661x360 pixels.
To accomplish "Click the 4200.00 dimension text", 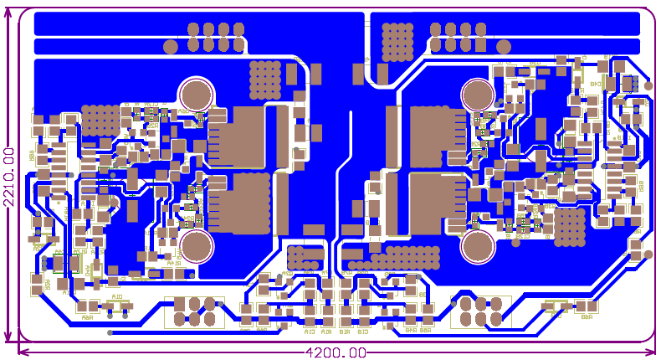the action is (x=335, y=353).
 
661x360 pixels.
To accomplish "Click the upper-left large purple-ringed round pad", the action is (x=196, y=94).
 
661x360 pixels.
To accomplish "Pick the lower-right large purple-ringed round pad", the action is (x=477, y=246).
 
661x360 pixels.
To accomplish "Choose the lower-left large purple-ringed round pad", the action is (x=196, y=246).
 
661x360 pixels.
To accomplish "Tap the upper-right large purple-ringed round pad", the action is (x=477, y=94).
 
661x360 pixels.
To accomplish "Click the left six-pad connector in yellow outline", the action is (x=194, y=311).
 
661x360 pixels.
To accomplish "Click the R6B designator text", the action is (x=585, y=316).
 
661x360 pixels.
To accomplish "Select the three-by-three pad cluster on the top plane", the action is (x=397, y=39).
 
